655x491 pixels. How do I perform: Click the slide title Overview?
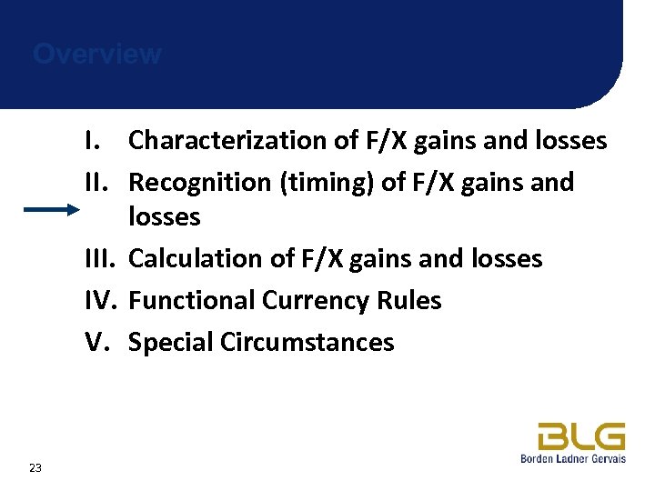(97, 55)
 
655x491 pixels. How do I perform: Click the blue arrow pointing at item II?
(52, 210)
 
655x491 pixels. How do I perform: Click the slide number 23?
(35, 467)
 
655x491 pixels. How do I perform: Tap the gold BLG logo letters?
(580, 436)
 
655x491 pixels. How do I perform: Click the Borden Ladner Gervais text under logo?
(572, 459)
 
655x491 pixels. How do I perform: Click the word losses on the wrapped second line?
(165, 217)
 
